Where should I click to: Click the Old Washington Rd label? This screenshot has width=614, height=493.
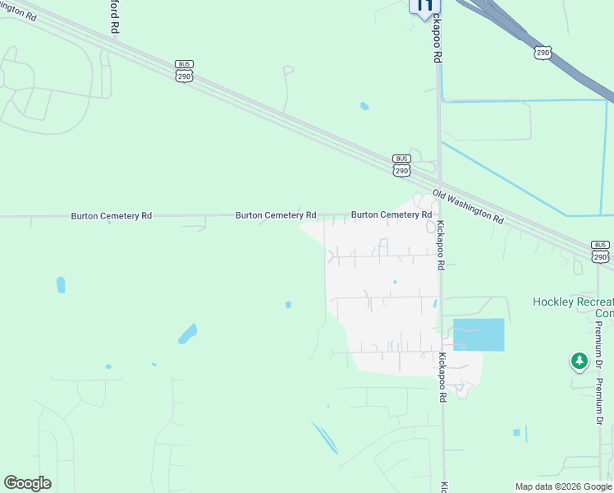tap(469, 208)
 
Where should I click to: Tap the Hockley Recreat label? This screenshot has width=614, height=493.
tap(573, 302)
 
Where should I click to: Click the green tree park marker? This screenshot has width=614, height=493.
tap(580, 360)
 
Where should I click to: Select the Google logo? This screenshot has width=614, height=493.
tap(27, 483)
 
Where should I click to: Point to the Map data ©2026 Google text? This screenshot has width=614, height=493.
tap(564, 486)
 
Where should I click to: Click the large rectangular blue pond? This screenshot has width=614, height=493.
tap(479, 334)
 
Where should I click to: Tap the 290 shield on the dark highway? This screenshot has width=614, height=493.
tap(543, 53)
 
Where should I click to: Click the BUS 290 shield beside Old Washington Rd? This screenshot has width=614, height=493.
tap(401, 165)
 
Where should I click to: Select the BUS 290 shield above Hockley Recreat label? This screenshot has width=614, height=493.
tap(601, 251)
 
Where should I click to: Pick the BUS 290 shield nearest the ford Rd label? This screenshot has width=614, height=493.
tap(184, 71)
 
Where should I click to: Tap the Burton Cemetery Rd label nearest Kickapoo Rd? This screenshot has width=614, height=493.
tap(392, 214)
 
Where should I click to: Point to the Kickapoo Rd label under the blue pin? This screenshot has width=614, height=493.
tap(438, 41)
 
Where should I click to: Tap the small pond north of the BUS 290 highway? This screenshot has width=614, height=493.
tap(364, 106)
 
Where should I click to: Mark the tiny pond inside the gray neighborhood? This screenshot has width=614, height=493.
tap(395, 283)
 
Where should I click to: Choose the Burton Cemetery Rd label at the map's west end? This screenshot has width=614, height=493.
tap(111, 215)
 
